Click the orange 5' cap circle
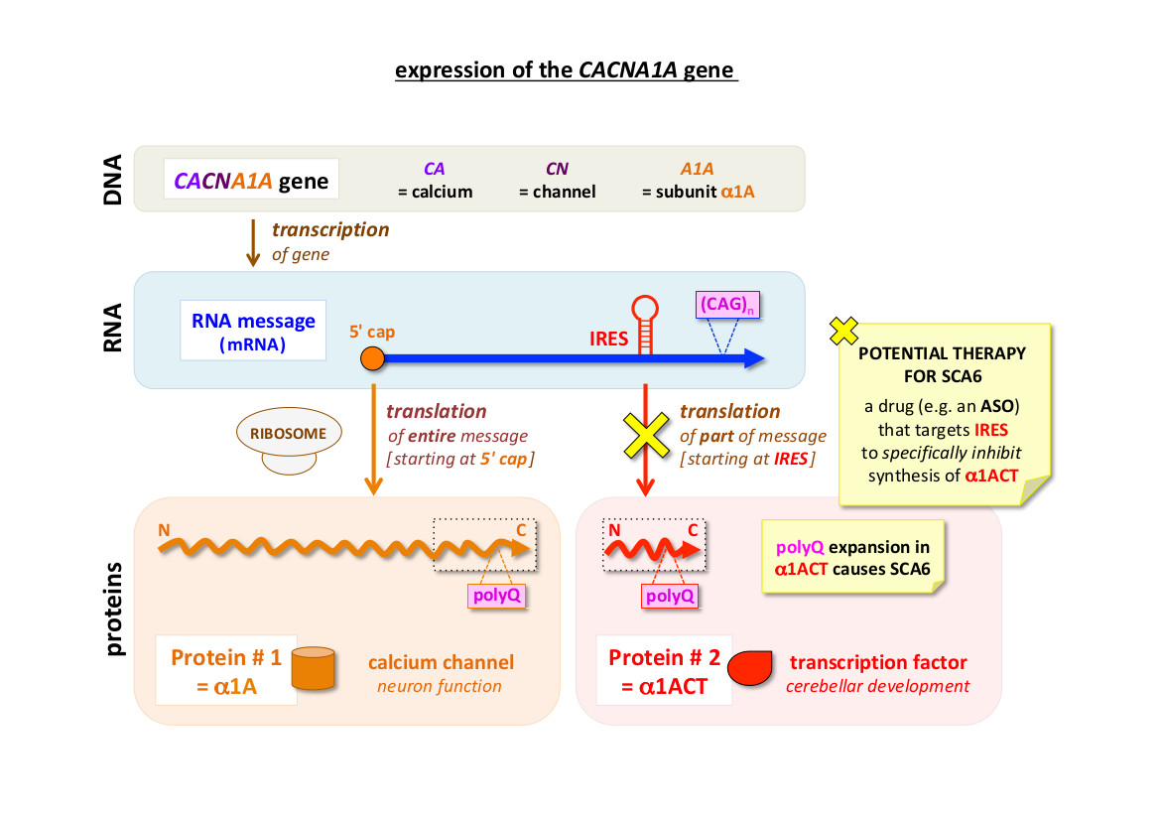pyautogui.click(x=373, y=358)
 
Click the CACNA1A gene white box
pyautogui.click(x=251, y=183)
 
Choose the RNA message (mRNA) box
pyautogui.click(x=254, y=330)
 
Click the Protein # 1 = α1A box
pyautogui.click(x=227, y=670)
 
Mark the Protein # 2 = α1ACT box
pyautogui.click(x=664, y=670)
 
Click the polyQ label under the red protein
pyautogui.click(x=671, y=596)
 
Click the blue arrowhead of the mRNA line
pyautogui.click(x=755, y=358)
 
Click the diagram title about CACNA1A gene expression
pyautogui.click(x=567, y=70)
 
